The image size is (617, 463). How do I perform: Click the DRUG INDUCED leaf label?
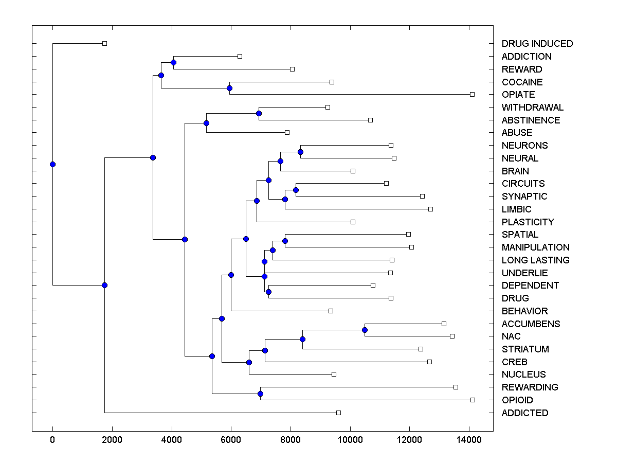tap(537, 44)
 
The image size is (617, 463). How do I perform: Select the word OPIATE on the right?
tap(518, 95)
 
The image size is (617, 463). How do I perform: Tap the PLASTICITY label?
tap(528, 222)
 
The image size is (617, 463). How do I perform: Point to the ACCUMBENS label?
tap(531, 324)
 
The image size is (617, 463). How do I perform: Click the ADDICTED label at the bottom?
tap(525, 413)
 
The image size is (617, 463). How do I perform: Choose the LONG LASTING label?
tap(535, 260)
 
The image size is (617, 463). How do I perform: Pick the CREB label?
tap(514, 362)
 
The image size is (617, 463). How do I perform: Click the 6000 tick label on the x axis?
tap(231, 440)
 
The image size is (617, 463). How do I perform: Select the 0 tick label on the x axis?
tap(52, 440)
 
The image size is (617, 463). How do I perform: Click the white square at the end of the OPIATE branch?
tap(472, 94)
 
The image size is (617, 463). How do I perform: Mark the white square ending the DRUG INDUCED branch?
tap(104, 43)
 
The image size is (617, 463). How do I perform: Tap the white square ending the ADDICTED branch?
tap(338, 413)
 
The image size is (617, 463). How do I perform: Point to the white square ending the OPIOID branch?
tap(473, 400)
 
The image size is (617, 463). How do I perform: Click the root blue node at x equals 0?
tap(52, 164)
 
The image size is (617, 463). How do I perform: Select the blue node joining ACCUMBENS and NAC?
tap(365, 330)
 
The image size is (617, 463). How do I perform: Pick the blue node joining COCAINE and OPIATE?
tap(229, 88)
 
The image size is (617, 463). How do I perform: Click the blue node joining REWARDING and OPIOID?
tap(260, 394)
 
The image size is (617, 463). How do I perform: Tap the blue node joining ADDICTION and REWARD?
tap(173, 62)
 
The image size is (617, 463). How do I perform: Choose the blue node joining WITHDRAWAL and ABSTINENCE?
tap(259, 113)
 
